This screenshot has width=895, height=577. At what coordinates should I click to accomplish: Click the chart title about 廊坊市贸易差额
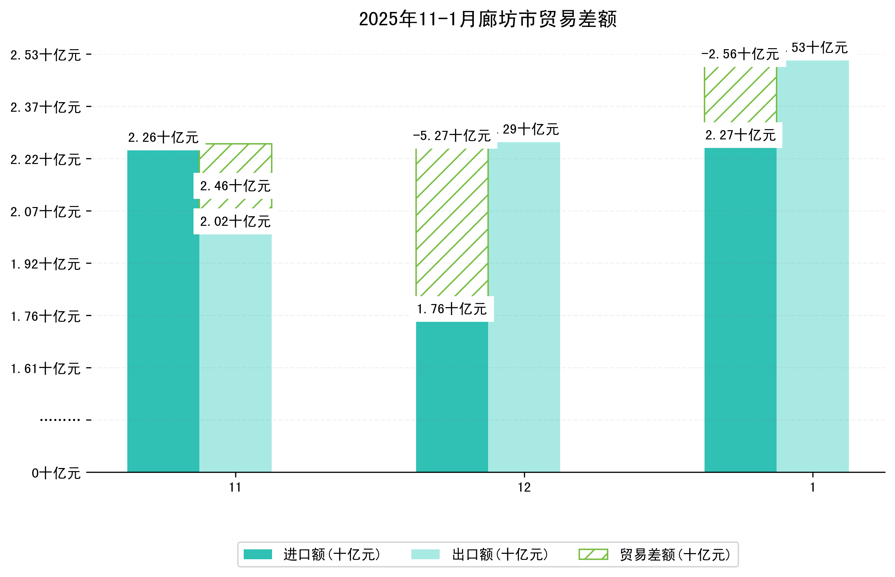pyautogui.click(x=487, y=19)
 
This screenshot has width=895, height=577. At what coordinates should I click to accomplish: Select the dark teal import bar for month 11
pyautogui.click(x=163, y=311)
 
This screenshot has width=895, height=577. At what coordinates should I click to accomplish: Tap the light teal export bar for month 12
pyautogui.click(x=524, y=307)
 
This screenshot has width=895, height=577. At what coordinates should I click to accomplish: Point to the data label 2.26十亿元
pyautogui.click(x=163, y=138)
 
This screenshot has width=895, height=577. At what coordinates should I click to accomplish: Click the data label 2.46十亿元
pyautogui.click(x=235, y=186)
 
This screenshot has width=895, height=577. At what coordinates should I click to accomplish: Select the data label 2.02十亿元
pyautogui.click(x=235, y=221)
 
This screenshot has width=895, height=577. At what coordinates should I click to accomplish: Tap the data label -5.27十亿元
pyautogui.click(x=452, y=136)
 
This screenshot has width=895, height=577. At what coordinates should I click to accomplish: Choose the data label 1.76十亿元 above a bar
pyautogui.click(x=452, y=309)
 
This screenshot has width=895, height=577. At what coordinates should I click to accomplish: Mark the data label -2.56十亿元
pyautogui.click(x=740, y=54)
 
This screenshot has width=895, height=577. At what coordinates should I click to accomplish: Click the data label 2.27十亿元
pyautogui.click(x=740, y=135)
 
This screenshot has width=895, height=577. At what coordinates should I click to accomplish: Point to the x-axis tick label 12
pyautogui.click(x=524, y=487)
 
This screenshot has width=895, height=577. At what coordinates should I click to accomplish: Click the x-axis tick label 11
pyautogui.click(x=235, y=487)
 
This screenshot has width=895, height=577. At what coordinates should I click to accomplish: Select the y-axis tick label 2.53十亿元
pyautogui.click(x=46, y=55)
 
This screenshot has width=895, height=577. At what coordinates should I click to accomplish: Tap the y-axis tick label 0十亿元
pyautogui.click(x=56, y=473)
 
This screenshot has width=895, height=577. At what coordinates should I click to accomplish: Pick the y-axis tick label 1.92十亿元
pyautogui.click(x=46, y=264)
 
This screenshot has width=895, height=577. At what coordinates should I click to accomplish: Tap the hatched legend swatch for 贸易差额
pyautogui.click(x=593, y=554)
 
